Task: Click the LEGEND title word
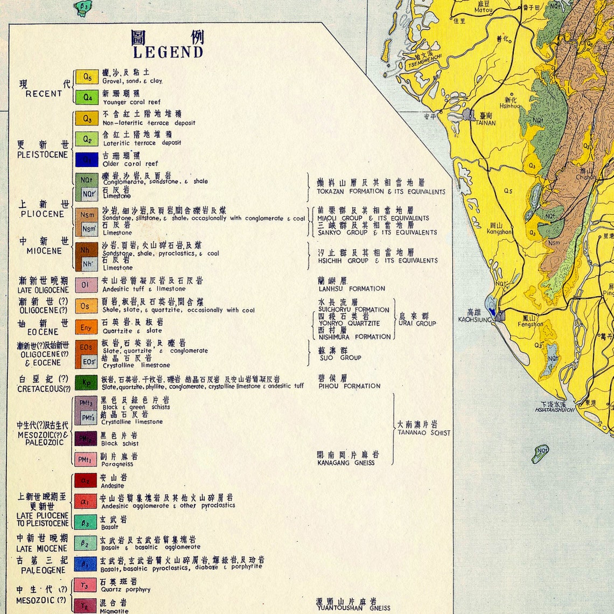click(x=168, y=52)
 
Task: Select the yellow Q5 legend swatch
click(x=87, y=76)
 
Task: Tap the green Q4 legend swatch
click(x=87, y=97)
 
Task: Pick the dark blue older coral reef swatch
click(x=87, y=160)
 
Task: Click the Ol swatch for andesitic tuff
click(x=86, y=284)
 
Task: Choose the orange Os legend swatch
click(x=86, y=306)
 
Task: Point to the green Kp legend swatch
click(x=86, y=382)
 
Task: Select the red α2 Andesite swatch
click(x=85, y=480)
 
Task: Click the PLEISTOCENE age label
click(x=43, y=155)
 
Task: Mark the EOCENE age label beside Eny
click(x=43, y=332)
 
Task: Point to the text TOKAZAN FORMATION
click(x=351, y=192)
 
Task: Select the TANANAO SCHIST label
click(x=424, y=432)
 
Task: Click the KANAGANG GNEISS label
click(x=346, y=463)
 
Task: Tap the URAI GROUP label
click(x=417, y=323)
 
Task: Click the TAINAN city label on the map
click(x=485, y=123)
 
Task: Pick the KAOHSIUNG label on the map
click(x=475, y=319)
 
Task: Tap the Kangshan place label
click(x=499, y=232)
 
